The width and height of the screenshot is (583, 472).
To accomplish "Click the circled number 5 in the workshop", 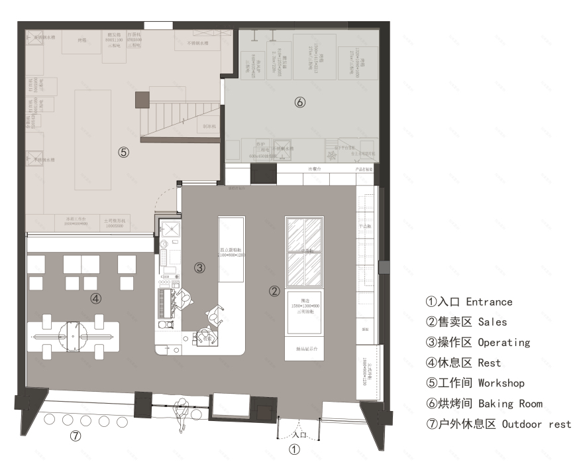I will [x=124, y=152].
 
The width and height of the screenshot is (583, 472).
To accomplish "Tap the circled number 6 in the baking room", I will [x=299, y=102].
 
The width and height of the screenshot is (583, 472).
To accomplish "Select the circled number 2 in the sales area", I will [x=274, y=290].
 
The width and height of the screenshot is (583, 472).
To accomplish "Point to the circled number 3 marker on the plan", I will [x=199, y=268].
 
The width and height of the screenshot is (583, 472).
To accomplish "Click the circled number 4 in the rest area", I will [x=96, y=298].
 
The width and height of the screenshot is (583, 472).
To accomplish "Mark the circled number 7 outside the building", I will [x=76, y=436].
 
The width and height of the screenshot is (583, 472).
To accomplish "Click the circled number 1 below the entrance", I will [x=295, y=449].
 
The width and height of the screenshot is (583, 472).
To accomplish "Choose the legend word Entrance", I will [x=489, y=302].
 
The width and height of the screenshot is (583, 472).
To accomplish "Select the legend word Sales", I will [x=492, y=322].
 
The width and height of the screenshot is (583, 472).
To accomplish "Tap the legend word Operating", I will [x=504, y=343].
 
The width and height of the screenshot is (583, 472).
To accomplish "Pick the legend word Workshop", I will [x=501, y=383].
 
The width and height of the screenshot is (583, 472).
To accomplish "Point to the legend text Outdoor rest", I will [x=536, y=424].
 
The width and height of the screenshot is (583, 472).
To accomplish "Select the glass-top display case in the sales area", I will [x=304, y=251].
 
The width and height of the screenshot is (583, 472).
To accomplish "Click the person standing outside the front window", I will [x=181, y=415].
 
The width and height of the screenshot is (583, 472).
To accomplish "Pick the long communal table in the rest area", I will [x=74, y=336].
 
